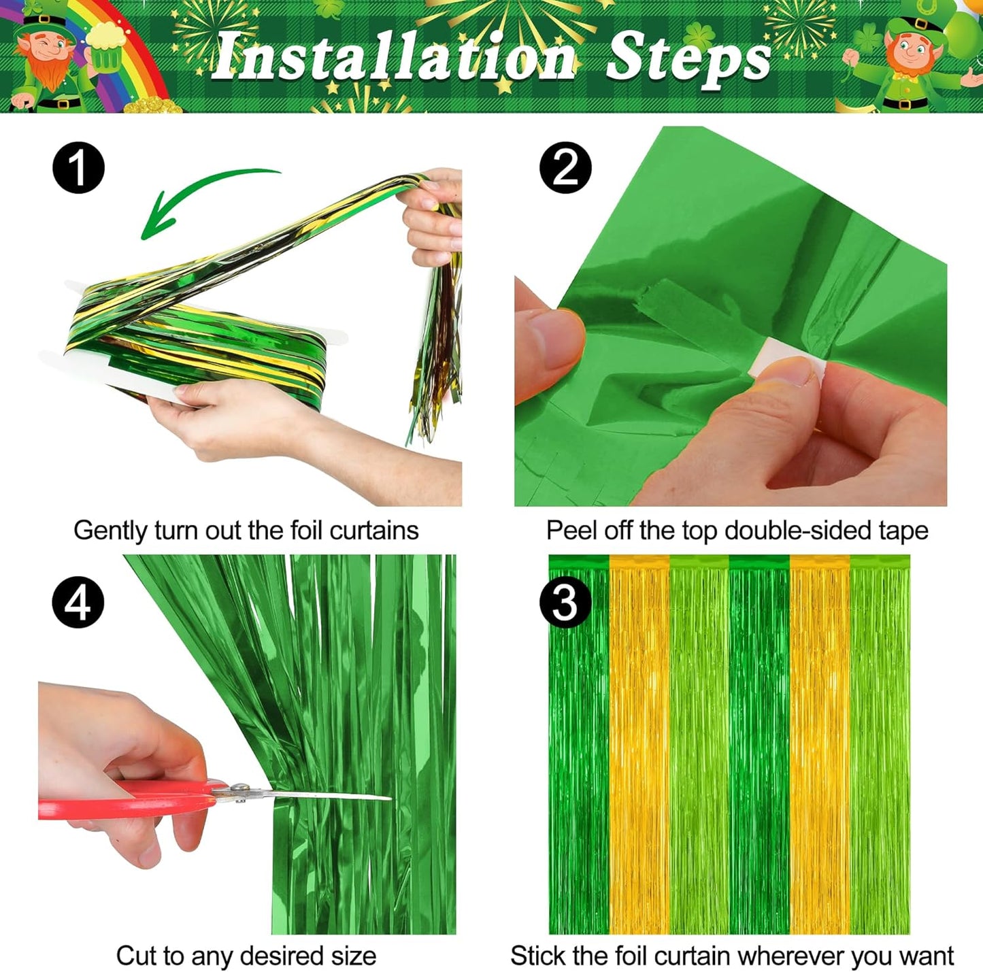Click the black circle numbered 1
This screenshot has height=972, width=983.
click(79, 168)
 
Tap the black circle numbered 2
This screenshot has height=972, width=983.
click(565, 168)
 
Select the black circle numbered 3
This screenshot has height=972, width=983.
click(565, 602)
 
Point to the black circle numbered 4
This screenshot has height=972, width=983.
click(79, 602)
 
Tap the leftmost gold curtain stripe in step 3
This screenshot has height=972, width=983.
click(639, 748)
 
